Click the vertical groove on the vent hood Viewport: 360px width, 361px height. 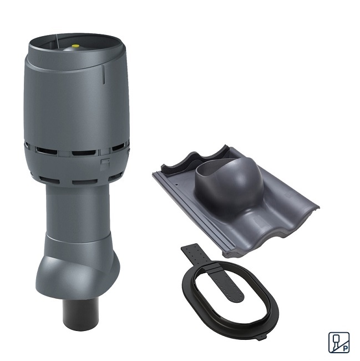[x=104, y=74]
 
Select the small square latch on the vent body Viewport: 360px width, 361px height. [x=105, y=163]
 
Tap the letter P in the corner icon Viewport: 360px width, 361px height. [x=345, y=348]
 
